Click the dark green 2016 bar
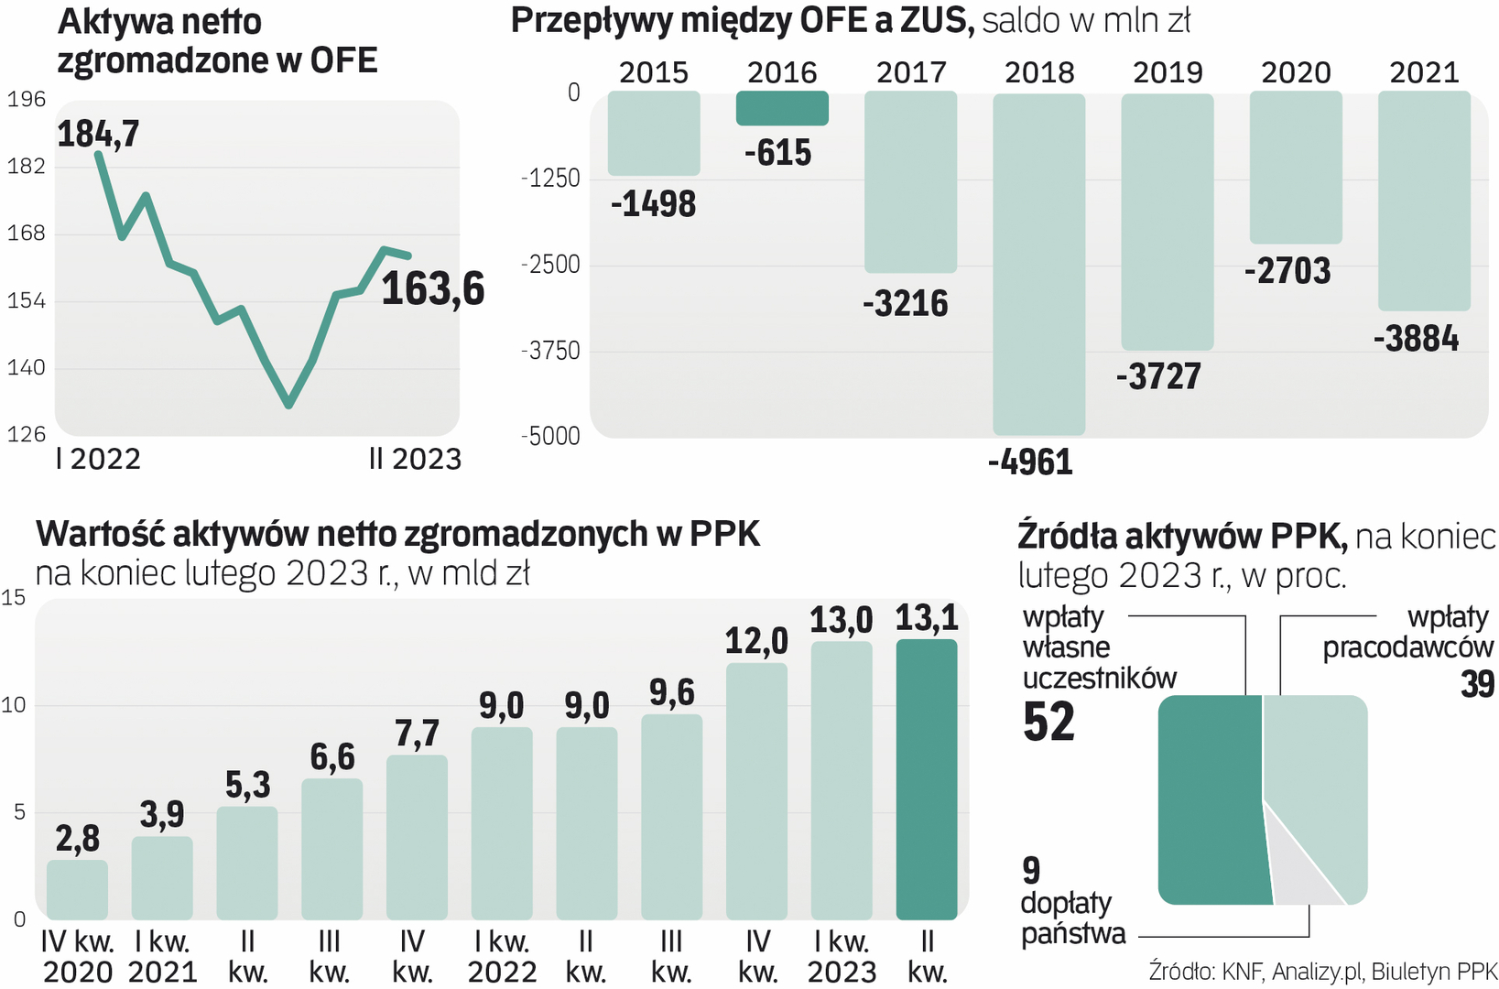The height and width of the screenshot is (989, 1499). tap(782, 108)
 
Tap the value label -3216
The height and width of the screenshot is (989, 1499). tap(905, 303)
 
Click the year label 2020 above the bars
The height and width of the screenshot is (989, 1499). tap(1296, 72)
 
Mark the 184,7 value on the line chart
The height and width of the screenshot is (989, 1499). tap(98, 135)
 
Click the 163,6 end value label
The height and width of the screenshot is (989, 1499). tap(432, 289)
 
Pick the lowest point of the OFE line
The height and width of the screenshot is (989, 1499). tap(288, 403)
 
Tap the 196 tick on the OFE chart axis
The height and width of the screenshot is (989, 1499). tap(26, 99)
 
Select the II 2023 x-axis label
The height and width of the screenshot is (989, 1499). tap(415, 459)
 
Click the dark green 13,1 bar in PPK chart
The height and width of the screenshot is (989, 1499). tap(926, 778)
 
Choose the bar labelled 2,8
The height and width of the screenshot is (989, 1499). tap(77, 888)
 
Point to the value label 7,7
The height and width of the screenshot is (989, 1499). tap(417, 734)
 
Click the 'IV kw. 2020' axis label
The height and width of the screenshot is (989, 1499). tap(77, 956)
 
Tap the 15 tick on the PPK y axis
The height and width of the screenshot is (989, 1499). tap(14, 598)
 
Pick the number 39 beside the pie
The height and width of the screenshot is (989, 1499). tap(1477, 684)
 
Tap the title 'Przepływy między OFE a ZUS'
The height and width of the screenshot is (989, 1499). tap(742, 20)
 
